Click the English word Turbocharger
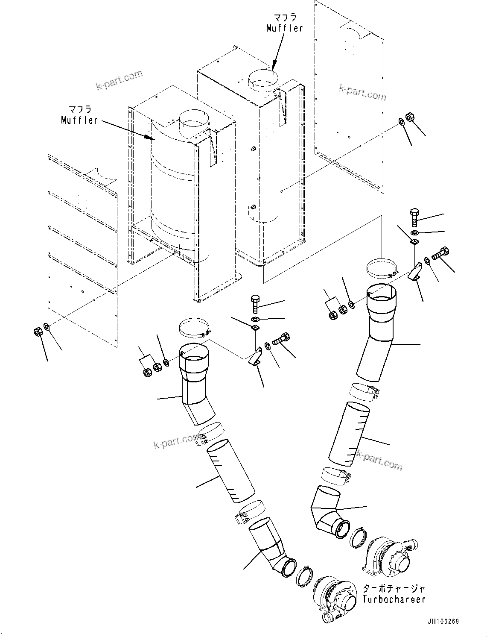[x=394, y=599]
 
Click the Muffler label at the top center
[x=285, y=28]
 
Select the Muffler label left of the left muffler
[x=79, y=120]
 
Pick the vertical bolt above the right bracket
[x=414, y=216]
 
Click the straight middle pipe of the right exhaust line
[x=348, y=433]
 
